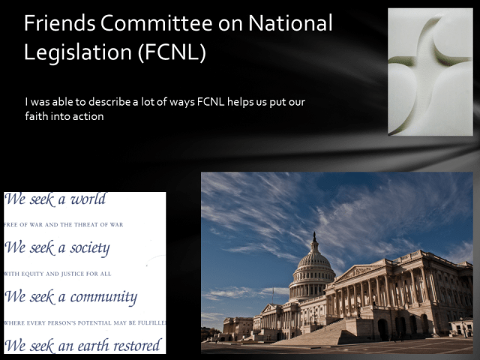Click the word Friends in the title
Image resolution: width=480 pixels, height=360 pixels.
(x=55, y=23)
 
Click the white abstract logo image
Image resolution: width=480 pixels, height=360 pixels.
(x=430, y=72)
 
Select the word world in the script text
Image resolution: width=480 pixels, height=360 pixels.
(x=88, y=200)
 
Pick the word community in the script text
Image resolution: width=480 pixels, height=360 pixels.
(x=103, y=297)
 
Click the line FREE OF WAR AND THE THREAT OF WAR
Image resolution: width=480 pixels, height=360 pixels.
(x=64, y=225)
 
